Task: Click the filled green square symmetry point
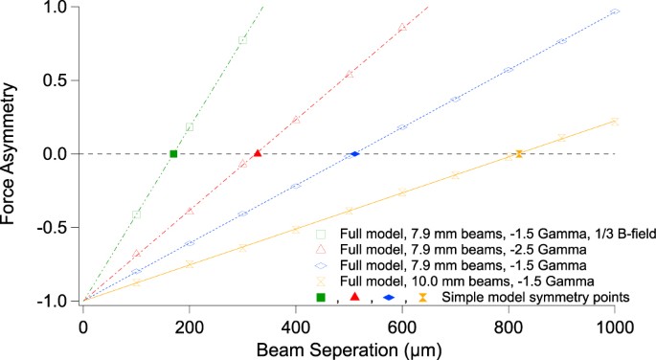pos(173,154)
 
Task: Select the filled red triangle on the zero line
pos(257,153)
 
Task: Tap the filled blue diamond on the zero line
pos(354,154)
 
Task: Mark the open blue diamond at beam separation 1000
pos(615,11)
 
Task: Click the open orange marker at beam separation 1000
pos(615,122)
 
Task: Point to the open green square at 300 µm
pos(242,40)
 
